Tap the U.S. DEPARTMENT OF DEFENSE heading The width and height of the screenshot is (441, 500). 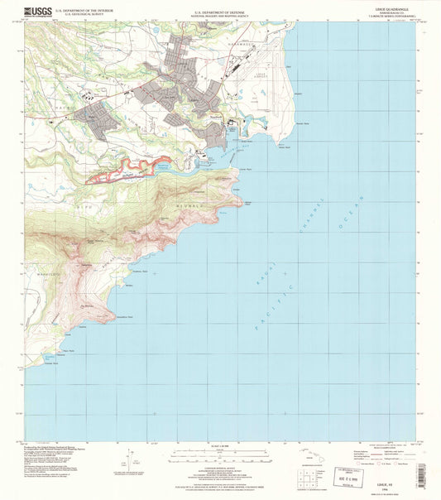click(x=218, y=12)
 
